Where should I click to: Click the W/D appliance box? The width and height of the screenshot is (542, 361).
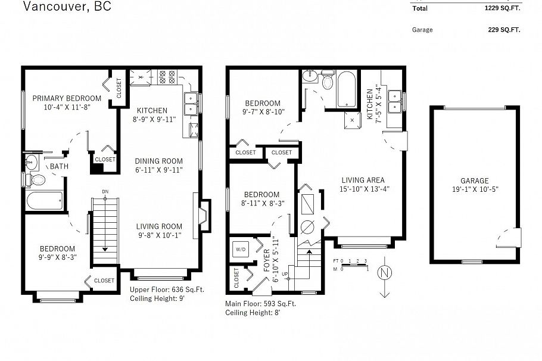(241, 249)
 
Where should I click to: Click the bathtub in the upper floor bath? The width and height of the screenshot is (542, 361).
(45, 201)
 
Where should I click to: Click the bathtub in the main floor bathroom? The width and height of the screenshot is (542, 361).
(347, 89)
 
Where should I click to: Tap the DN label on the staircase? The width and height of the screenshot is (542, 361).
(105, 191)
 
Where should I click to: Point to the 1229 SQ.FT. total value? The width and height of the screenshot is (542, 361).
(494, 9)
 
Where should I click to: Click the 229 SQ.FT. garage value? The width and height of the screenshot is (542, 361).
(496, 29)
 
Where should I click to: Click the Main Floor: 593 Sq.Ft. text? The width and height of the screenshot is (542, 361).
(260, 303)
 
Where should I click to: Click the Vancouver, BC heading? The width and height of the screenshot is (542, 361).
(67, 7)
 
